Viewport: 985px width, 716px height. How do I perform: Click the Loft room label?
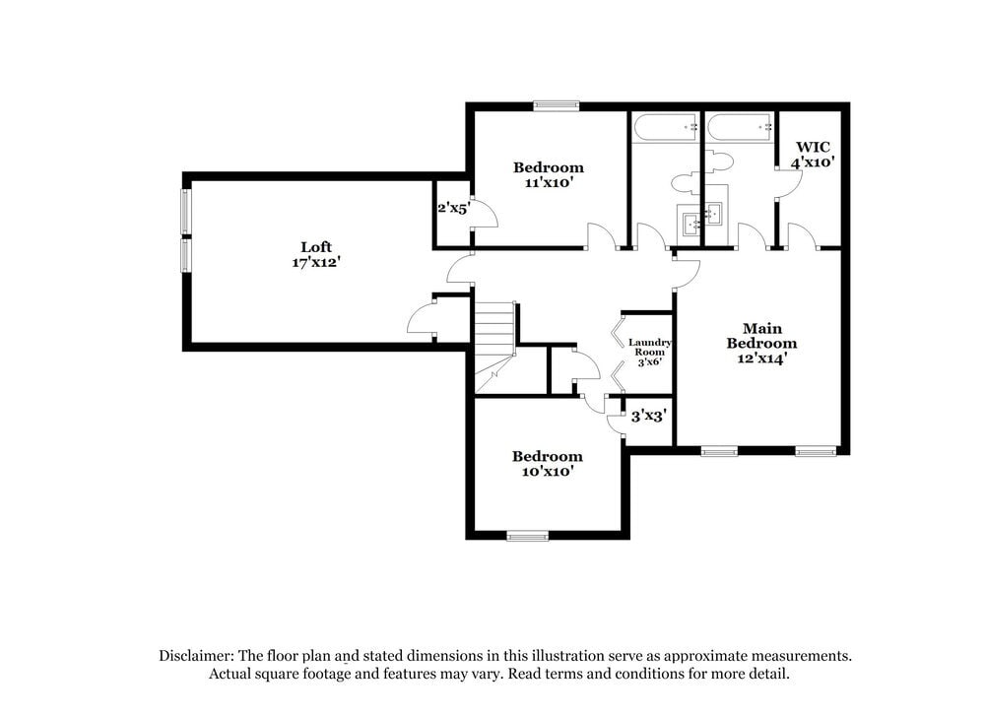coord(316,246)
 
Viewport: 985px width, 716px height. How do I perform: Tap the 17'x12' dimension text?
coord(316,263)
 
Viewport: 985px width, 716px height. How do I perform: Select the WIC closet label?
coord(814,147)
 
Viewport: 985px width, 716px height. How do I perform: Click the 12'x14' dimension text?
coord(761,358)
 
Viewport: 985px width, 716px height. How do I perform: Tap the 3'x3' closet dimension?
coord(650,417)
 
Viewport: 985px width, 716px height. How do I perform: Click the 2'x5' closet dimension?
coord(453,208)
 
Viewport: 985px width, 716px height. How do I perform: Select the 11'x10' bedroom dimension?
coord(549,182)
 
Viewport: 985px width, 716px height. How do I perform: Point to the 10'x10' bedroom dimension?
coord(547,472)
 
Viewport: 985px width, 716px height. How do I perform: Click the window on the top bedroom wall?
coord(556,106)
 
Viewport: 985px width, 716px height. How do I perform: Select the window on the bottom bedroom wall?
coord(528,536)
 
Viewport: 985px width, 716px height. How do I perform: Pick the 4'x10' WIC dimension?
coord(814,163)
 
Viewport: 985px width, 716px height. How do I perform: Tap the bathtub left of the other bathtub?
coord(665,127)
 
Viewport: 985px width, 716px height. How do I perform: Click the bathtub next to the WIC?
coord(739,127)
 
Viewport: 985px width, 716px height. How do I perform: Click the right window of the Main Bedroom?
coord(816,451)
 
